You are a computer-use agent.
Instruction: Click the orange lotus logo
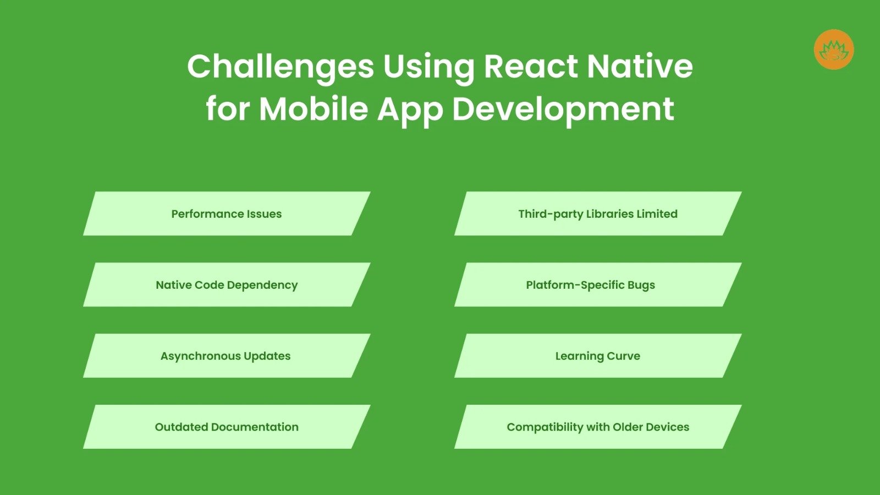tap(834, 50)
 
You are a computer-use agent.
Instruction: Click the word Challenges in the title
tap(280, 67)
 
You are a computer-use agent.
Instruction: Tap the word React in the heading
tap(531, 67)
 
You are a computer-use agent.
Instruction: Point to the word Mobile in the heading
tap(313, 109)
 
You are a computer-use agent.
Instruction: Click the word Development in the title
tap(563, 109)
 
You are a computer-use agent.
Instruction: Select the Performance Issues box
tap(227, 214)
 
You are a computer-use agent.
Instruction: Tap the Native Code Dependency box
tap(227, 285)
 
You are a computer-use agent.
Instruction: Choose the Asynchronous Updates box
tap(227, 356)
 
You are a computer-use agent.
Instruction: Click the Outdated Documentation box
tap(227, 427)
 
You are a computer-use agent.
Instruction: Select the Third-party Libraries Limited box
tap(598, 214)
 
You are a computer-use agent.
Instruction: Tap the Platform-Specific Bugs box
tap(598, 285)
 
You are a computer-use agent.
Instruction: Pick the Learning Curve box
tap(598, 356)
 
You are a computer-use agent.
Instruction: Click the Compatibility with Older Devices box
tap(598, 427)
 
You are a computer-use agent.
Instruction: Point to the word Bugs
tap(641, 285)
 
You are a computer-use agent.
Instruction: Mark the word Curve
tap(623, 356)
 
